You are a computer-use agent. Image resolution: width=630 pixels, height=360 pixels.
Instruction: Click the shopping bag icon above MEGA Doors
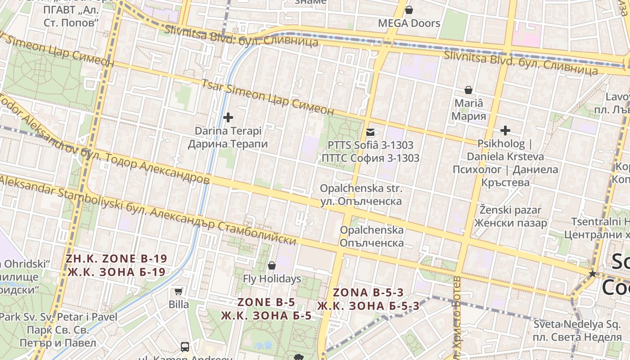click(x=409, y=9)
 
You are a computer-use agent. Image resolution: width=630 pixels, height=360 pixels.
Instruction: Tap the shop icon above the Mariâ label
click(x=468, y=90)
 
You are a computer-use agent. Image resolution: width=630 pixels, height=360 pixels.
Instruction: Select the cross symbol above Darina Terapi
click(x=228, y=117)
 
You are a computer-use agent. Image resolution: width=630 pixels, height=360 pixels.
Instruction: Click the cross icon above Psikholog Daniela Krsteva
click(x=505, y=130)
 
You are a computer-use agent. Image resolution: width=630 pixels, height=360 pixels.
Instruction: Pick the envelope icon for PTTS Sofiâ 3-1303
click(x=370, y=132)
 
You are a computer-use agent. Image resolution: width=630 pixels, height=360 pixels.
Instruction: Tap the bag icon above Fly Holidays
click(x=272, y=265)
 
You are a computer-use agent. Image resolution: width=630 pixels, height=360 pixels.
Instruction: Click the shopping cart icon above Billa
click(x=179, y=291)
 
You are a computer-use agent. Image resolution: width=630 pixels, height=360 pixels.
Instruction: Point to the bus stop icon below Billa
click(x=185, y=346)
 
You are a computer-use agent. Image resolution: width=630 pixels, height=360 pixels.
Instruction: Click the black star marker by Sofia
click(x=593, y=274)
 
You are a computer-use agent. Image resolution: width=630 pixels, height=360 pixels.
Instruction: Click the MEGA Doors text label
click(x=409, y=23)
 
